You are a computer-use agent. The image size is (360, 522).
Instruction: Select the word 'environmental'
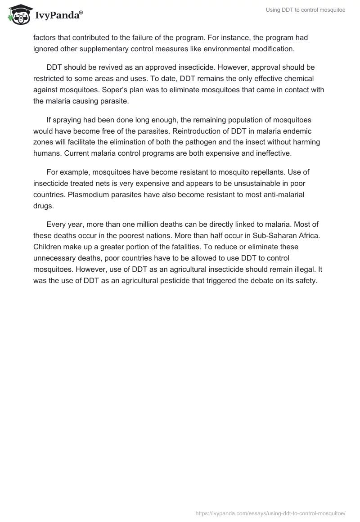click(x=243, y=48)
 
